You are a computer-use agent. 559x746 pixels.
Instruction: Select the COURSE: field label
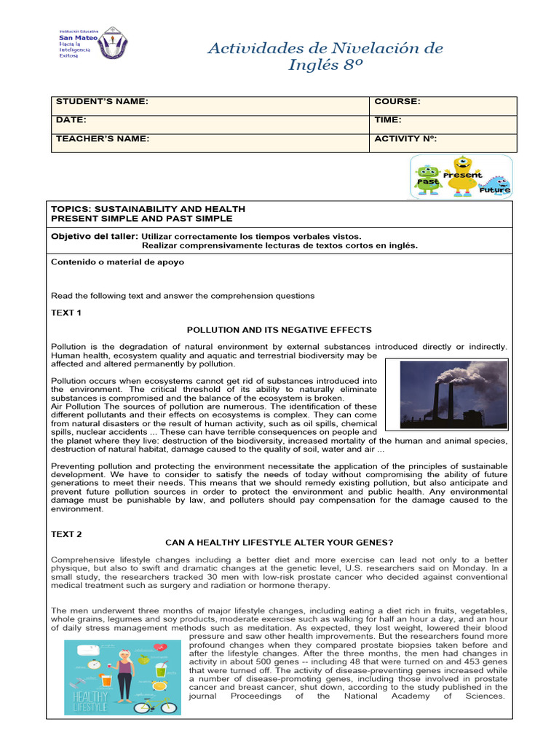pyautogui.click(x=397, y=102)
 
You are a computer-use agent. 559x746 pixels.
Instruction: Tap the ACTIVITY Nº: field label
pyautogui.click(x=405, y=138)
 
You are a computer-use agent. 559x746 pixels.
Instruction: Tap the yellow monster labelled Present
pyautogui.click(x=461, y=176)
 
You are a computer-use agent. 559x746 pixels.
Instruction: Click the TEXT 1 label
pyautogui.click(x=67, y=313)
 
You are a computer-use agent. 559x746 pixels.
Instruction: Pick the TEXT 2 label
pyautogui.click(x=67, y=534)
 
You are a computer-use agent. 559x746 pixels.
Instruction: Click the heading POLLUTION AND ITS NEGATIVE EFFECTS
pyautogui.click(x=279, y=330)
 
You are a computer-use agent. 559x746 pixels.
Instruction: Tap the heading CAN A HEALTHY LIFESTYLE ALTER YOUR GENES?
pyautogui.click(x=279, y=543)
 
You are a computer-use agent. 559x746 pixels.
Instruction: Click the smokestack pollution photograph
pyautogui.click(x=446, y=393)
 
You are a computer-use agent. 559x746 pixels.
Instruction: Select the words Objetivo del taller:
pyautogui.click(x=95, y=236)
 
